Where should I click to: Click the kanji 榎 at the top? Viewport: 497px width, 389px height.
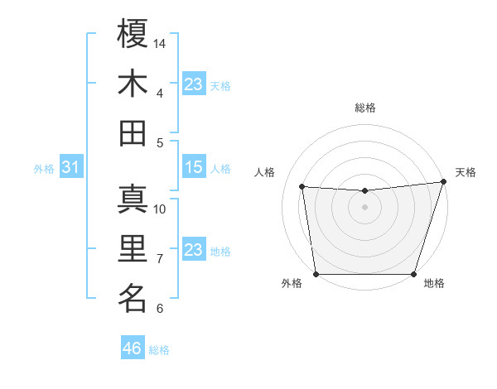(133, 34)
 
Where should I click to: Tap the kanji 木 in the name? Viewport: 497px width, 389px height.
(133, 84)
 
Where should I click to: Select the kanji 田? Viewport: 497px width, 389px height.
(133, 132)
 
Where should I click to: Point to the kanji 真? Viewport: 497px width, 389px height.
(133, 199)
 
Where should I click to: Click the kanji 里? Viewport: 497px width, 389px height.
(133, 248)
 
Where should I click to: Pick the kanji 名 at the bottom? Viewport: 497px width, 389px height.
(133, 298)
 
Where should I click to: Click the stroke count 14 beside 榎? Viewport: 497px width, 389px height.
(161, 43)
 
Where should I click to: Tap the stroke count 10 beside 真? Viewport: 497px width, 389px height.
(160, 209)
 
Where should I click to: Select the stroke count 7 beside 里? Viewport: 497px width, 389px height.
(160, 258)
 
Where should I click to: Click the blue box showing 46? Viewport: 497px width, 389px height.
(133, 348)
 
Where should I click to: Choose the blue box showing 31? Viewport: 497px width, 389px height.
(70, 167)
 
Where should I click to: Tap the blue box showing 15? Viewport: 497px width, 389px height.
(193, 167)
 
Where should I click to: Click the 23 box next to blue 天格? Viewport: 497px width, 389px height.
(193, 84)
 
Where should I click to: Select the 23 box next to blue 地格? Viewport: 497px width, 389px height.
(193, 250)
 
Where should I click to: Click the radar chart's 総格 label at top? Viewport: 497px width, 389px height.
(365, 108)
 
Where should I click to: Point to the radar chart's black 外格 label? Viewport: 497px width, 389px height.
(292, 284)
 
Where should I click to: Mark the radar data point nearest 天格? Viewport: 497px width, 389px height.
(443, 182)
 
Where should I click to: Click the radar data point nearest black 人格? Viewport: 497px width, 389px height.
(302, 187)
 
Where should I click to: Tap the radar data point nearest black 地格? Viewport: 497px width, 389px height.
(413, 274)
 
